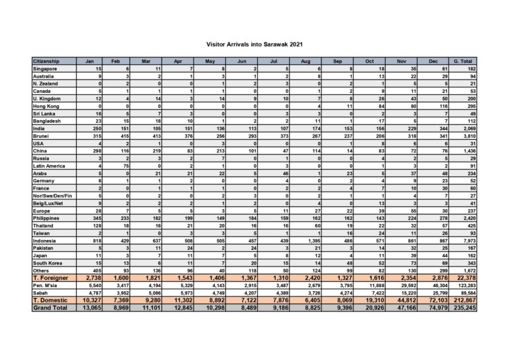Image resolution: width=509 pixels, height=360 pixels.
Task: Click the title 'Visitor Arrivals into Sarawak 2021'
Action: click(254, 46)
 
